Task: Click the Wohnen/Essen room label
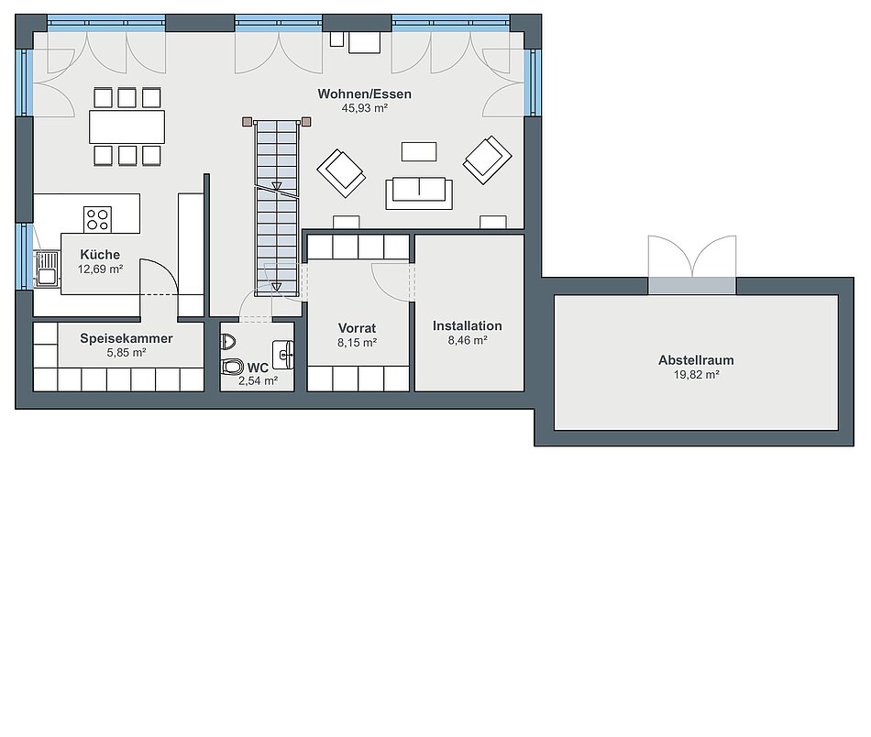click(x=364, y=93)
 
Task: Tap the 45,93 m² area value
click(x=364, y=108)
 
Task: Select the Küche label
click(x=100, y=254)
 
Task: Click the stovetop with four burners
click(x=98, y=219)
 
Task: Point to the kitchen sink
click(x=47, y=269)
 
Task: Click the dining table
click(x=127, y=126)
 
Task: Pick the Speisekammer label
click(x=127, y=338)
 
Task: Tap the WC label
click(x=258, y=368)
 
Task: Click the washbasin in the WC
click(x=283, y=355)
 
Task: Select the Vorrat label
click(x=358, y=328)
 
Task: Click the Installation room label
click(x=468, y=326)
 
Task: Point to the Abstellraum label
click(x=696, y=360)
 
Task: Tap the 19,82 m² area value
click(x=697, y=375)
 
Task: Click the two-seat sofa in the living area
click(x=419, y=193)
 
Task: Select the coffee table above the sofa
click(x=419, y=151)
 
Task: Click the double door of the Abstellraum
click(x=692, y=264)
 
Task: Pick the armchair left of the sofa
click(x=341, y=172)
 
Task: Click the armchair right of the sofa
click(x=487, y=159)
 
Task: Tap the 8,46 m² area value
click(x=468, y=340)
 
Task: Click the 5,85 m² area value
click(x=127, y=353)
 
